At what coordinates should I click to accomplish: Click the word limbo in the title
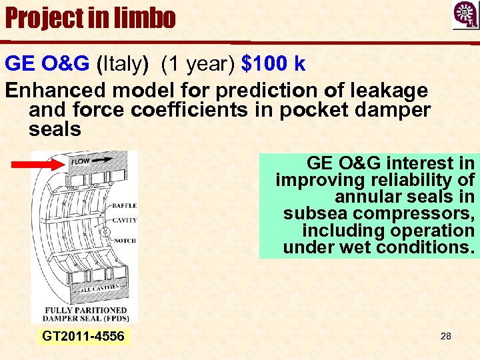[x=141, y=18]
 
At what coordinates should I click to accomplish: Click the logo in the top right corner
[x=465, y=15]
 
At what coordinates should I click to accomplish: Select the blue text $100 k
[x=274, y=64]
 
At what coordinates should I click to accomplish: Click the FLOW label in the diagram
[x=81, y=161]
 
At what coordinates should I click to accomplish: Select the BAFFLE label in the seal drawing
[x=125, y=206]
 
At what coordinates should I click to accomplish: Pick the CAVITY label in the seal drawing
[x=125, y=220]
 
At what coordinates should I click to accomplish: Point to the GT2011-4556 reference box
[x=83, y=336]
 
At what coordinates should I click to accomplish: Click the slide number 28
[x=446, y=336]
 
